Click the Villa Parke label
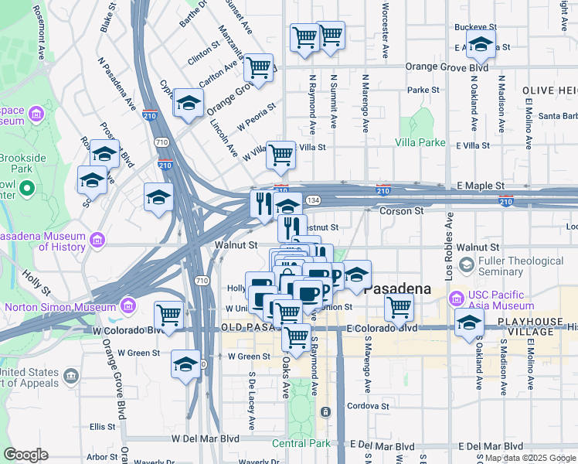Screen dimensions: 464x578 coord(420,142)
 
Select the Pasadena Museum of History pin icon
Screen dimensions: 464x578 coord(97,241)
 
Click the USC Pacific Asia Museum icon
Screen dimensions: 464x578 coord(456,297)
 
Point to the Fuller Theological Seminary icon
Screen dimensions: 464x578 coord(466,265)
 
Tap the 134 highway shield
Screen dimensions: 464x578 coord(312,200)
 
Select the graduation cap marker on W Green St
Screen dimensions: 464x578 coord(186,364)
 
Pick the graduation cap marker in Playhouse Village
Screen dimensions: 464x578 coord(469,325)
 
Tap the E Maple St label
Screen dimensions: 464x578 coord(479,186)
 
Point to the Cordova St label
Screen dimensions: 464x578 coord(368,406)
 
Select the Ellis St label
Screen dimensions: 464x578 coord(101,426)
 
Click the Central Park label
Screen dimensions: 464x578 coord(301,443)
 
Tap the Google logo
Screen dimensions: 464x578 coord(25,455)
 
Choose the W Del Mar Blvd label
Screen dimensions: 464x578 coord(206,438)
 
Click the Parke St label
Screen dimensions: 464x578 coord(423,90)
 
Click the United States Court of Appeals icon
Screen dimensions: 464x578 coord(71,377)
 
